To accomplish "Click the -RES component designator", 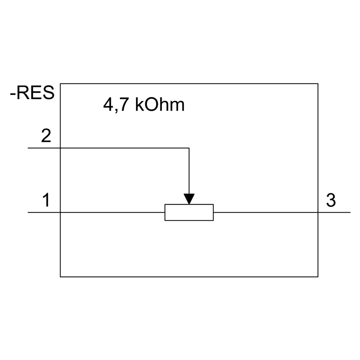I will tap(32, 93).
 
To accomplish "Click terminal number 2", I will tap(46, 137).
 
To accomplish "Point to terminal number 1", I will tap(46, 201).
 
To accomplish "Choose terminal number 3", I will tap(331, 201).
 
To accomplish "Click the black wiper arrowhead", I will tap(189, 199).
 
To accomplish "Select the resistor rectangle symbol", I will tap(189, 212).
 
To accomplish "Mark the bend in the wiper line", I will tap(189, 148).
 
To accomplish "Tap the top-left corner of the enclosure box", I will tap(60, 84).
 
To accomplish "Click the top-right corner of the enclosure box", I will tap(318, 84).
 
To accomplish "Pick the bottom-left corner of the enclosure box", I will tap(60, 276).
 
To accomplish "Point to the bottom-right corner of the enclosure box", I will tap(318, 276).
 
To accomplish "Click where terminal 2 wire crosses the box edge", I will tap(60, 148).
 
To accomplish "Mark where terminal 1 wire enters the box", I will tap(60, 212).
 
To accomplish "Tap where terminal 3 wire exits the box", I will tap(318, 212).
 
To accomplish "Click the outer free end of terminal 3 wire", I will tap(350, 212).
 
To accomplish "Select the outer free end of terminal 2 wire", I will tap(28, 148).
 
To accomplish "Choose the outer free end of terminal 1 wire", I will tap(28, 212).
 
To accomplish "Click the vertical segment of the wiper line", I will tap(189, 171).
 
